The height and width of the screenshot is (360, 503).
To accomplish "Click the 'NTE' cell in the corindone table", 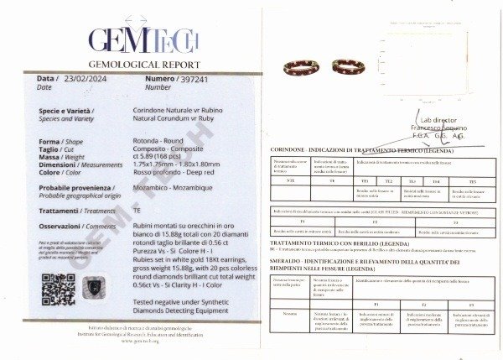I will [290, 180].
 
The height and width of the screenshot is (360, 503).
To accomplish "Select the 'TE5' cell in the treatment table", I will [471, 180].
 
